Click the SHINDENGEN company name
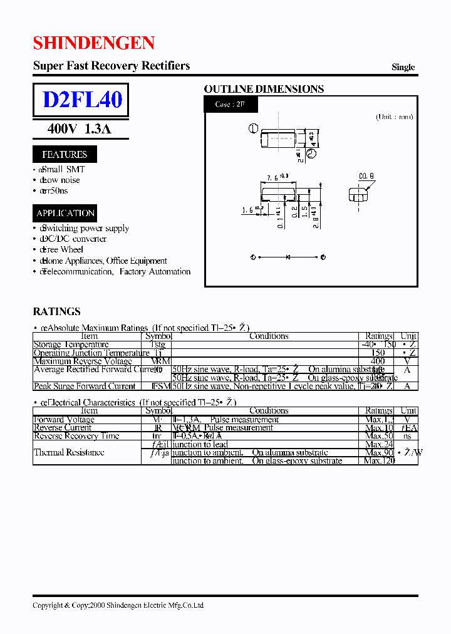93,43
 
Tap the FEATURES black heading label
64,154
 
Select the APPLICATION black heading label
65,213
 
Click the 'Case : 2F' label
229,104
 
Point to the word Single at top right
403,67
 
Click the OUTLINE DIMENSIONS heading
264,89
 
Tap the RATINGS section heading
56,311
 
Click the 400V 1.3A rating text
79,129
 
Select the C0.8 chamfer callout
367,176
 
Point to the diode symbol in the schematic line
288,257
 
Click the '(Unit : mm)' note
395,117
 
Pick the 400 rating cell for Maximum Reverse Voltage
377,361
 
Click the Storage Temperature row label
71,345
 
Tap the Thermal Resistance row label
69,452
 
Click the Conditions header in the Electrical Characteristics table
269,411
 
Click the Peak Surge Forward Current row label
85,387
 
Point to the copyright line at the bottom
118,605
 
